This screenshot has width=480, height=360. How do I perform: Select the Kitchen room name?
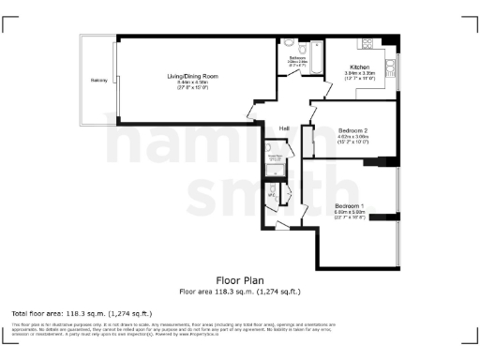(360, 67)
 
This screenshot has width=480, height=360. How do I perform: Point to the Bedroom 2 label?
(352, 129)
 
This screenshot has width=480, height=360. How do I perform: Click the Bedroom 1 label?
(350, 205)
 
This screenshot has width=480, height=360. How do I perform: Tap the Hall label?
(283, 127)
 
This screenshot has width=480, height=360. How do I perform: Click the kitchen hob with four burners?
(366, 44)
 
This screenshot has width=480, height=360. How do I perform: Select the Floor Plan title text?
(240, 280)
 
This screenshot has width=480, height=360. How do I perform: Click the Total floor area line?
(82, 313)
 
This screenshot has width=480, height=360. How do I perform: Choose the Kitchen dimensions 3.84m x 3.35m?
(360, 74)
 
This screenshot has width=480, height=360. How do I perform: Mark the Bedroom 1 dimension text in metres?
(350, 212)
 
